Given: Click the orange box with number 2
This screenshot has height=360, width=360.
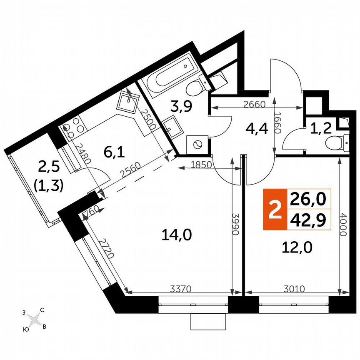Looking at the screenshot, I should coord(274,209).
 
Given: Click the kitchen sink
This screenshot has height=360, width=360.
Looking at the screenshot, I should coord(129,100).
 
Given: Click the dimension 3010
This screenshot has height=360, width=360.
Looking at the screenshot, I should coord(295,287).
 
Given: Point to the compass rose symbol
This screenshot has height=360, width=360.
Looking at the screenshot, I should coord(35,320).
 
